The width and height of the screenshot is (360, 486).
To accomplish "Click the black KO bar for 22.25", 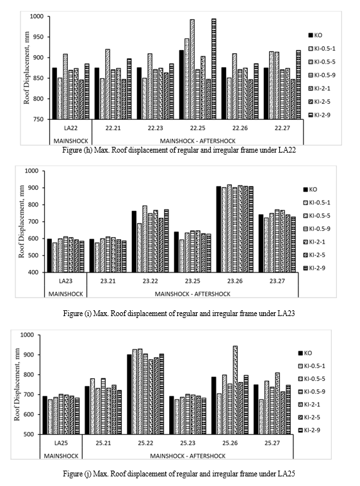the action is [181, 85].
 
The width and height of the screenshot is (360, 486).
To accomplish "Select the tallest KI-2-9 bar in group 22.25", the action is [214, 69].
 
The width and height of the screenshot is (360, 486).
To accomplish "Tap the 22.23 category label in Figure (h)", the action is [156, 128].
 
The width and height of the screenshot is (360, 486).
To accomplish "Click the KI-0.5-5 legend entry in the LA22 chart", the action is [322, 62].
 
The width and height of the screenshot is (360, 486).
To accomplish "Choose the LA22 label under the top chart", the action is [70, 128].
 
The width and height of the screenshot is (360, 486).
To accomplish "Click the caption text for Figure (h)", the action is [179, 150].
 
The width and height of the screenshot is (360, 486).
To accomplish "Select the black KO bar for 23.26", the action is [218, 230].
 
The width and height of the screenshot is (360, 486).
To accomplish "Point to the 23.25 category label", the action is [193, 281].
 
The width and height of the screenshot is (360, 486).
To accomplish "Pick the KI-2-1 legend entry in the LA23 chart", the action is [314, 242].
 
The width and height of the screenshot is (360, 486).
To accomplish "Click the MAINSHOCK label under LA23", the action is [65, 294].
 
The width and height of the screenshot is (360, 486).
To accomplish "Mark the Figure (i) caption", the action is [179, 314].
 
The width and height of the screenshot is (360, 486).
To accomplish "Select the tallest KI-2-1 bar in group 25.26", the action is [235, 390].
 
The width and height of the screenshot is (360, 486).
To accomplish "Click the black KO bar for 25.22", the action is [129, 394].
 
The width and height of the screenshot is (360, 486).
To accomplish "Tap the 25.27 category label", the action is [272, 443].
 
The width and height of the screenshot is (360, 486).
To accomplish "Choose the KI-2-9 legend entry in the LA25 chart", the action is [309, 430].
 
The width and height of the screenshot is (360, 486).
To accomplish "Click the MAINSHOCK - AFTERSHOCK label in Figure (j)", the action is [188, 456].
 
